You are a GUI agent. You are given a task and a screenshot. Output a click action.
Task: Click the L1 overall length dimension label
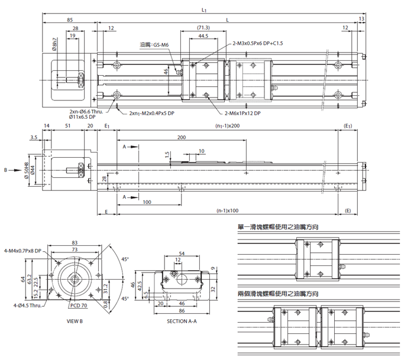point(204,9)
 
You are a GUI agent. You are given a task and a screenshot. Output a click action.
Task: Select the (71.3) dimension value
point(203,28)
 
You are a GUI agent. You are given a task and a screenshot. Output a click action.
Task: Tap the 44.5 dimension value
point(203,36)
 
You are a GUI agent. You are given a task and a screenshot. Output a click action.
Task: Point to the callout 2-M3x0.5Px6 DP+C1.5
point(258,43)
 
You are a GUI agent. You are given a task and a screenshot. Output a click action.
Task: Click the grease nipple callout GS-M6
point(154,45)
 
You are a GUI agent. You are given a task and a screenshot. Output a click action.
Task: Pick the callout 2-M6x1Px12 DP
point(242,113)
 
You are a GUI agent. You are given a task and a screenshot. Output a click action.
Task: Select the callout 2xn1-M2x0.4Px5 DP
point(151,113)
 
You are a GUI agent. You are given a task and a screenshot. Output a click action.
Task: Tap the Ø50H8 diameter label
point(26,170)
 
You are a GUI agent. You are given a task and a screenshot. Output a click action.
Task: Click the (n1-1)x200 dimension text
point(228,127)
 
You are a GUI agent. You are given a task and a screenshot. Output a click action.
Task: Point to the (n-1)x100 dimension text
point(228,211)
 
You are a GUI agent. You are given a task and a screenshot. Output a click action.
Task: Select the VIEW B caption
point(75,322)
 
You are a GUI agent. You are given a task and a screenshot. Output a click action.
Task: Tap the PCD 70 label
point(79,306)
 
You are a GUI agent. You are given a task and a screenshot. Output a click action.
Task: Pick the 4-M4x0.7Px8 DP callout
point(22,250)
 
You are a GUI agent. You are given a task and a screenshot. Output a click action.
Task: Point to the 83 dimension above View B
point(75,243)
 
